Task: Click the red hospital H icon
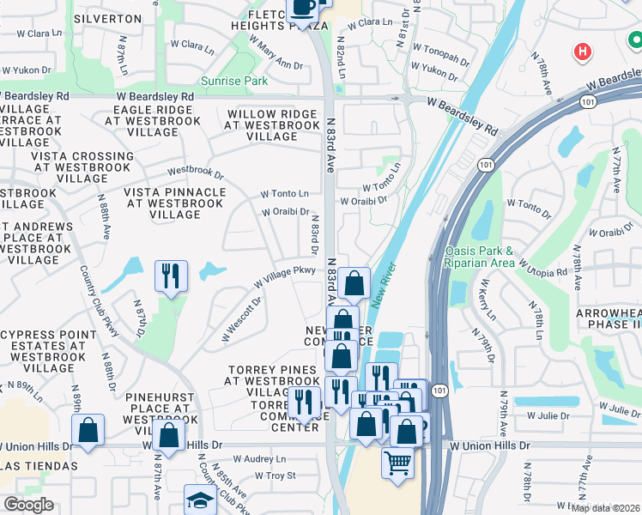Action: click(584, 51)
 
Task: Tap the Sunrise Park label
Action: click(234, 82)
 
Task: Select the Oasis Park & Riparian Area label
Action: click(479, 257)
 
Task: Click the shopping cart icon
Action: click(397, 462)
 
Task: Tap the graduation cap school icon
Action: click(201, 500)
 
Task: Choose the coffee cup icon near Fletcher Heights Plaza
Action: click(301, 7)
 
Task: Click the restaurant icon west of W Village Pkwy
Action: click(170, 276)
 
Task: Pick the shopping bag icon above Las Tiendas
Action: click(88, 430)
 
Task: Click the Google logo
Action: click(28, 505)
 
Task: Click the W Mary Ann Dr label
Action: click(276, 54)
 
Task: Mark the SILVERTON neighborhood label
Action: click(107, 18)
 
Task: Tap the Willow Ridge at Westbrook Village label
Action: click(272, 125)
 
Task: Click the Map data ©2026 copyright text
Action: click(605, 508)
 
